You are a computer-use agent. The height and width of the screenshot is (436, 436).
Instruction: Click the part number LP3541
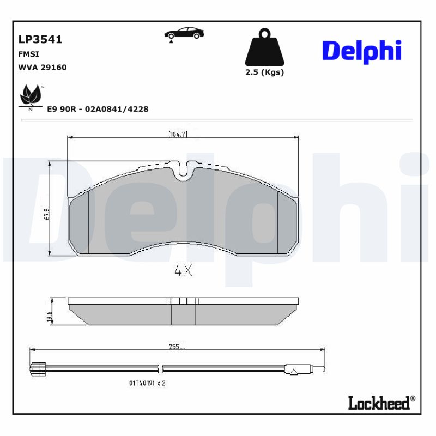coord(40,40)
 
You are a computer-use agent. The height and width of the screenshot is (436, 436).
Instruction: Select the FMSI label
coord(29,55)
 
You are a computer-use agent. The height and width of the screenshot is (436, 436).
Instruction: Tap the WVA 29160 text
coord(43,67)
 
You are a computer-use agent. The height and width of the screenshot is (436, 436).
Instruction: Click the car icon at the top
coord(184,33)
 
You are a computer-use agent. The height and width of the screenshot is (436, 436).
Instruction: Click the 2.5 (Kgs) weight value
coord(264,72)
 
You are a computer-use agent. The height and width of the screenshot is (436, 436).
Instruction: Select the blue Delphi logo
coord(361,51)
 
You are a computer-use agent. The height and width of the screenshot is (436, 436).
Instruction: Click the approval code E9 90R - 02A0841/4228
coord(98,109)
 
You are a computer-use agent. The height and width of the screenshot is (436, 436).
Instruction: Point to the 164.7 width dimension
coord(178,134)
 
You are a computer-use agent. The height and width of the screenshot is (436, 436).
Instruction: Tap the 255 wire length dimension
coord(175,346)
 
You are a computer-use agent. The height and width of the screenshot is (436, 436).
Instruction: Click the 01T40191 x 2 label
coord(147,383)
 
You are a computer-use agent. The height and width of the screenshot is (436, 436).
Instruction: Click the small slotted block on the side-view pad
coord(183,301)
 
